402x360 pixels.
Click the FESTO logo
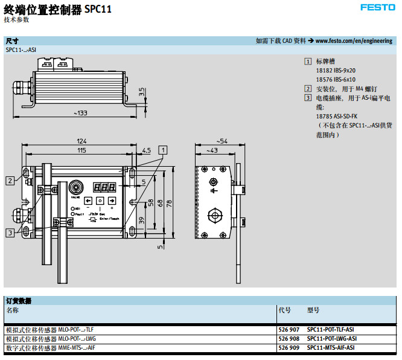tap(377, 8)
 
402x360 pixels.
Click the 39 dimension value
tap(142, 221)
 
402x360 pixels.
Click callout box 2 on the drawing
tap(10, 180)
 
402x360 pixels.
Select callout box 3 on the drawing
tap(10, 232)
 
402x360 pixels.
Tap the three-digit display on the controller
tap(104, 187)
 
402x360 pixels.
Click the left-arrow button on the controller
tap(88, 201)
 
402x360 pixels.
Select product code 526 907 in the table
tap(289, 329)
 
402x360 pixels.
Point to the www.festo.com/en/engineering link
tap(354, 41)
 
